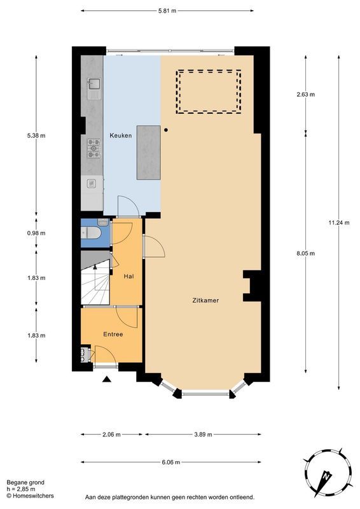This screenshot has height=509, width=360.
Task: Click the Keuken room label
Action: pos(120,136)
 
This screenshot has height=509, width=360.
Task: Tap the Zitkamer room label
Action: pos(205,300)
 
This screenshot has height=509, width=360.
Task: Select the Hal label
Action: pos(128,277)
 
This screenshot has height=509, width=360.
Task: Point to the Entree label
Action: pos(113,334)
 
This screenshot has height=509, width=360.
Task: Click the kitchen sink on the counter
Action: pos(93,85)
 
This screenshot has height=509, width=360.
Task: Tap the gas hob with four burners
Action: pos(93,148)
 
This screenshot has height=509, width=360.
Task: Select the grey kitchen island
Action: pos(149,152)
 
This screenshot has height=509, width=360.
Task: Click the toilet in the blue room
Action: pos(92,232)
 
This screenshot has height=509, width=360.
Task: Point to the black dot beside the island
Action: pos(166,130)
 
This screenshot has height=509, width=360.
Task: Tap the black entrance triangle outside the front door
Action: pos(107,379)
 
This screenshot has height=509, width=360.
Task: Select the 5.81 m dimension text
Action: pos(167,11)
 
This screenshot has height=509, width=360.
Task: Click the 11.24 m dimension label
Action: pos(339,223)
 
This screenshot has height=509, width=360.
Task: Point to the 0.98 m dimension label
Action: pos(36,233)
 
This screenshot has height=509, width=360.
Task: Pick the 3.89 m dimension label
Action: pos(203,435)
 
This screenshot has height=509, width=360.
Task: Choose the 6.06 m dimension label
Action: pos(170,463)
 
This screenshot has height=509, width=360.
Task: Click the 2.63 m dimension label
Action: pos(305,94)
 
